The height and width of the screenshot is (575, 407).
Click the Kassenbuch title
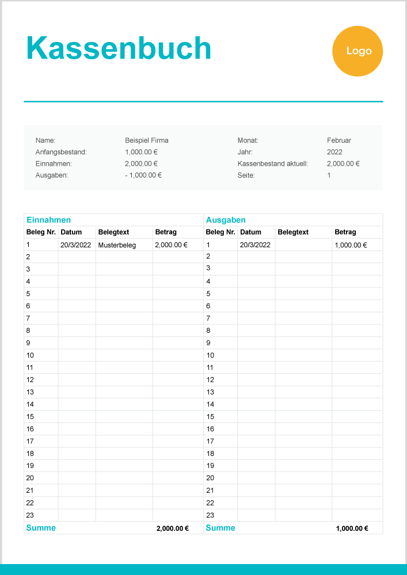(119, 48)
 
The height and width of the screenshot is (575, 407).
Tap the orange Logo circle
(357, 51)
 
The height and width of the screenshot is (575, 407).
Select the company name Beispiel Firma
(146, 140)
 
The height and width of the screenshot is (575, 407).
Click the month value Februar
(338, 140)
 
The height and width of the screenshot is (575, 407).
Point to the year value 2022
(334, 152)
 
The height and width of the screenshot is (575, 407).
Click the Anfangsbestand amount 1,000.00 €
(141, 152)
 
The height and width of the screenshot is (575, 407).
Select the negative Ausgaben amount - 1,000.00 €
(143, 175)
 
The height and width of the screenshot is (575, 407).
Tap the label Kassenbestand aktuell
(272, 163)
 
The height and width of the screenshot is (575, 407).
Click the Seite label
(246, 175)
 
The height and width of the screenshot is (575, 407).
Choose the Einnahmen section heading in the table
(48, 220)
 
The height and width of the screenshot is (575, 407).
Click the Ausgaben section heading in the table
(225, 220)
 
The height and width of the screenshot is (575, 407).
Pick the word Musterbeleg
(117, 245)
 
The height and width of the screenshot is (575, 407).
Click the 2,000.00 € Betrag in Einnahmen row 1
(171, 245)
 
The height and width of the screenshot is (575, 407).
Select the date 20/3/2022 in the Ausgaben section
(255, 245)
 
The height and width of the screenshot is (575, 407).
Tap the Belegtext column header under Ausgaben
(293, 232)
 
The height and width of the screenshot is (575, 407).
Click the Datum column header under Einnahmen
(71, 232)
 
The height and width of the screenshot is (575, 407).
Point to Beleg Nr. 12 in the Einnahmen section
(30, 379)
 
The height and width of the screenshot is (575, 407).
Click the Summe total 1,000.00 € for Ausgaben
(352, 528)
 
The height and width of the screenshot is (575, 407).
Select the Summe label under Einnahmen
(41, 528)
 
